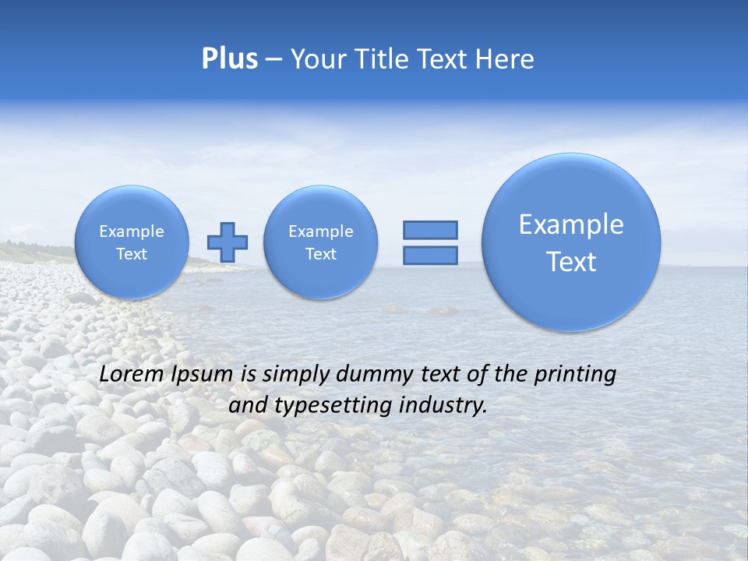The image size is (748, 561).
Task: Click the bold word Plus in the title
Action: (229, 59)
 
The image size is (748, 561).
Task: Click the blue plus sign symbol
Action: (228, 242)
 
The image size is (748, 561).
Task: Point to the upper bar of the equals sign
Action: (429, 230)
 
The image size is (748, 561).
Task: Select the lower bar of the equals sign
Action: (429, 256)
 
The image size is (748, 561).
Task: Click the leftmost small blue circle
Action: (131, 242)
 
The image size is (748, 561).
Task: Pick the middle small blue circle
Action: (320, 242)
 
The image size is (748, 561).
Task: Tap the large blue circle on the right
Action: (571, 242)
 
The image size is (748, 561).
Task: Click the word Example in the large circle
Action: (571, 224)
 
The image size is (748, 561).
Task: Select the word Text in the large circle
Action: (571, 262)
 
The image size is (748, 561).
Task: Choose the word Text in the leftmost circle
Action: (131, 254)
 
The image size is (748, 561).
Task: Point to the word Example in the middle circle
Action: (320, 231)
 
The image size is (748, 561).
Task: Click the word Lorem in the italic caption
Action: (132, 374)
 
